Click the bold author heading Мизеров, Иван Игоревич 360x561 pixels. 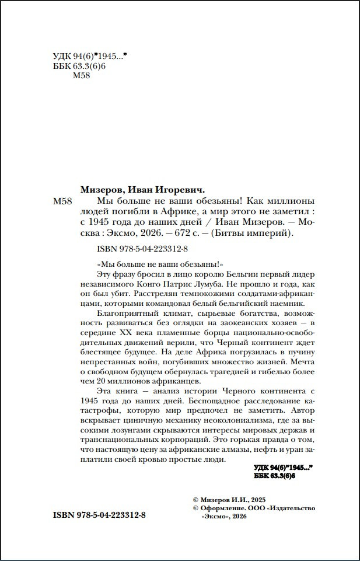click(142, 190)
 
